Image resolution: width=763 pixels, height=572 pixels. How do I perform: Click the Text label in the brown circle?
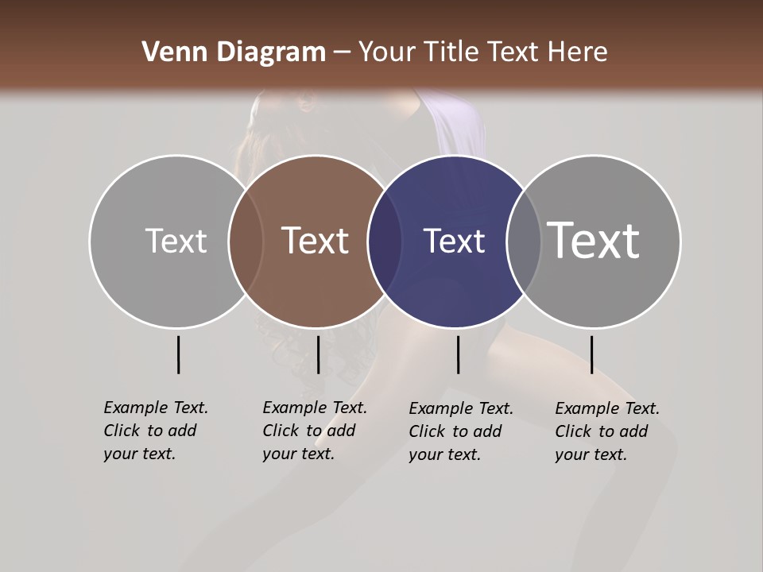[316, 241]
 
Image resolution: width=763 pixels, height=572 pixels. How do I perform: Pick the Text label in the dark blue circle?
[454, 242]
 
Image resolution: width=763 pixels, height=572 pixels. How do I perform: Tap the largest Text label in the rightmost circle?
[594, 240]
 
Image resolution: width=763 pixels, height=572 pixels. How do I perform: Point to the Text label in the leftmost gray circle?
[176, 241]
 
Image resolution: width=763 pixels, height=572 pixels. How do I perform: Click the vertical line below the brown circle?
[318, 354]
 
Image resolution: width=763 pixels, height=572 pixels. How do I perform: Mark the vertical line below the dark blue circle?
[459, 354]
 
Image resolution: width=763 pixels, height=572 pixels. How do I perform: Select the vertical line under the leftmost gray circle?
[178, 354]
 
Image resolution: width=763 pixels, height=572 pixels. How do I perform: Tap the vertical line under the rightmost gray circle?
[592, 354]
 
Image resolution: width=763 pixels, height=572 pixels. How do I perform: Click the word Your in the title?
[386, 52]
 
